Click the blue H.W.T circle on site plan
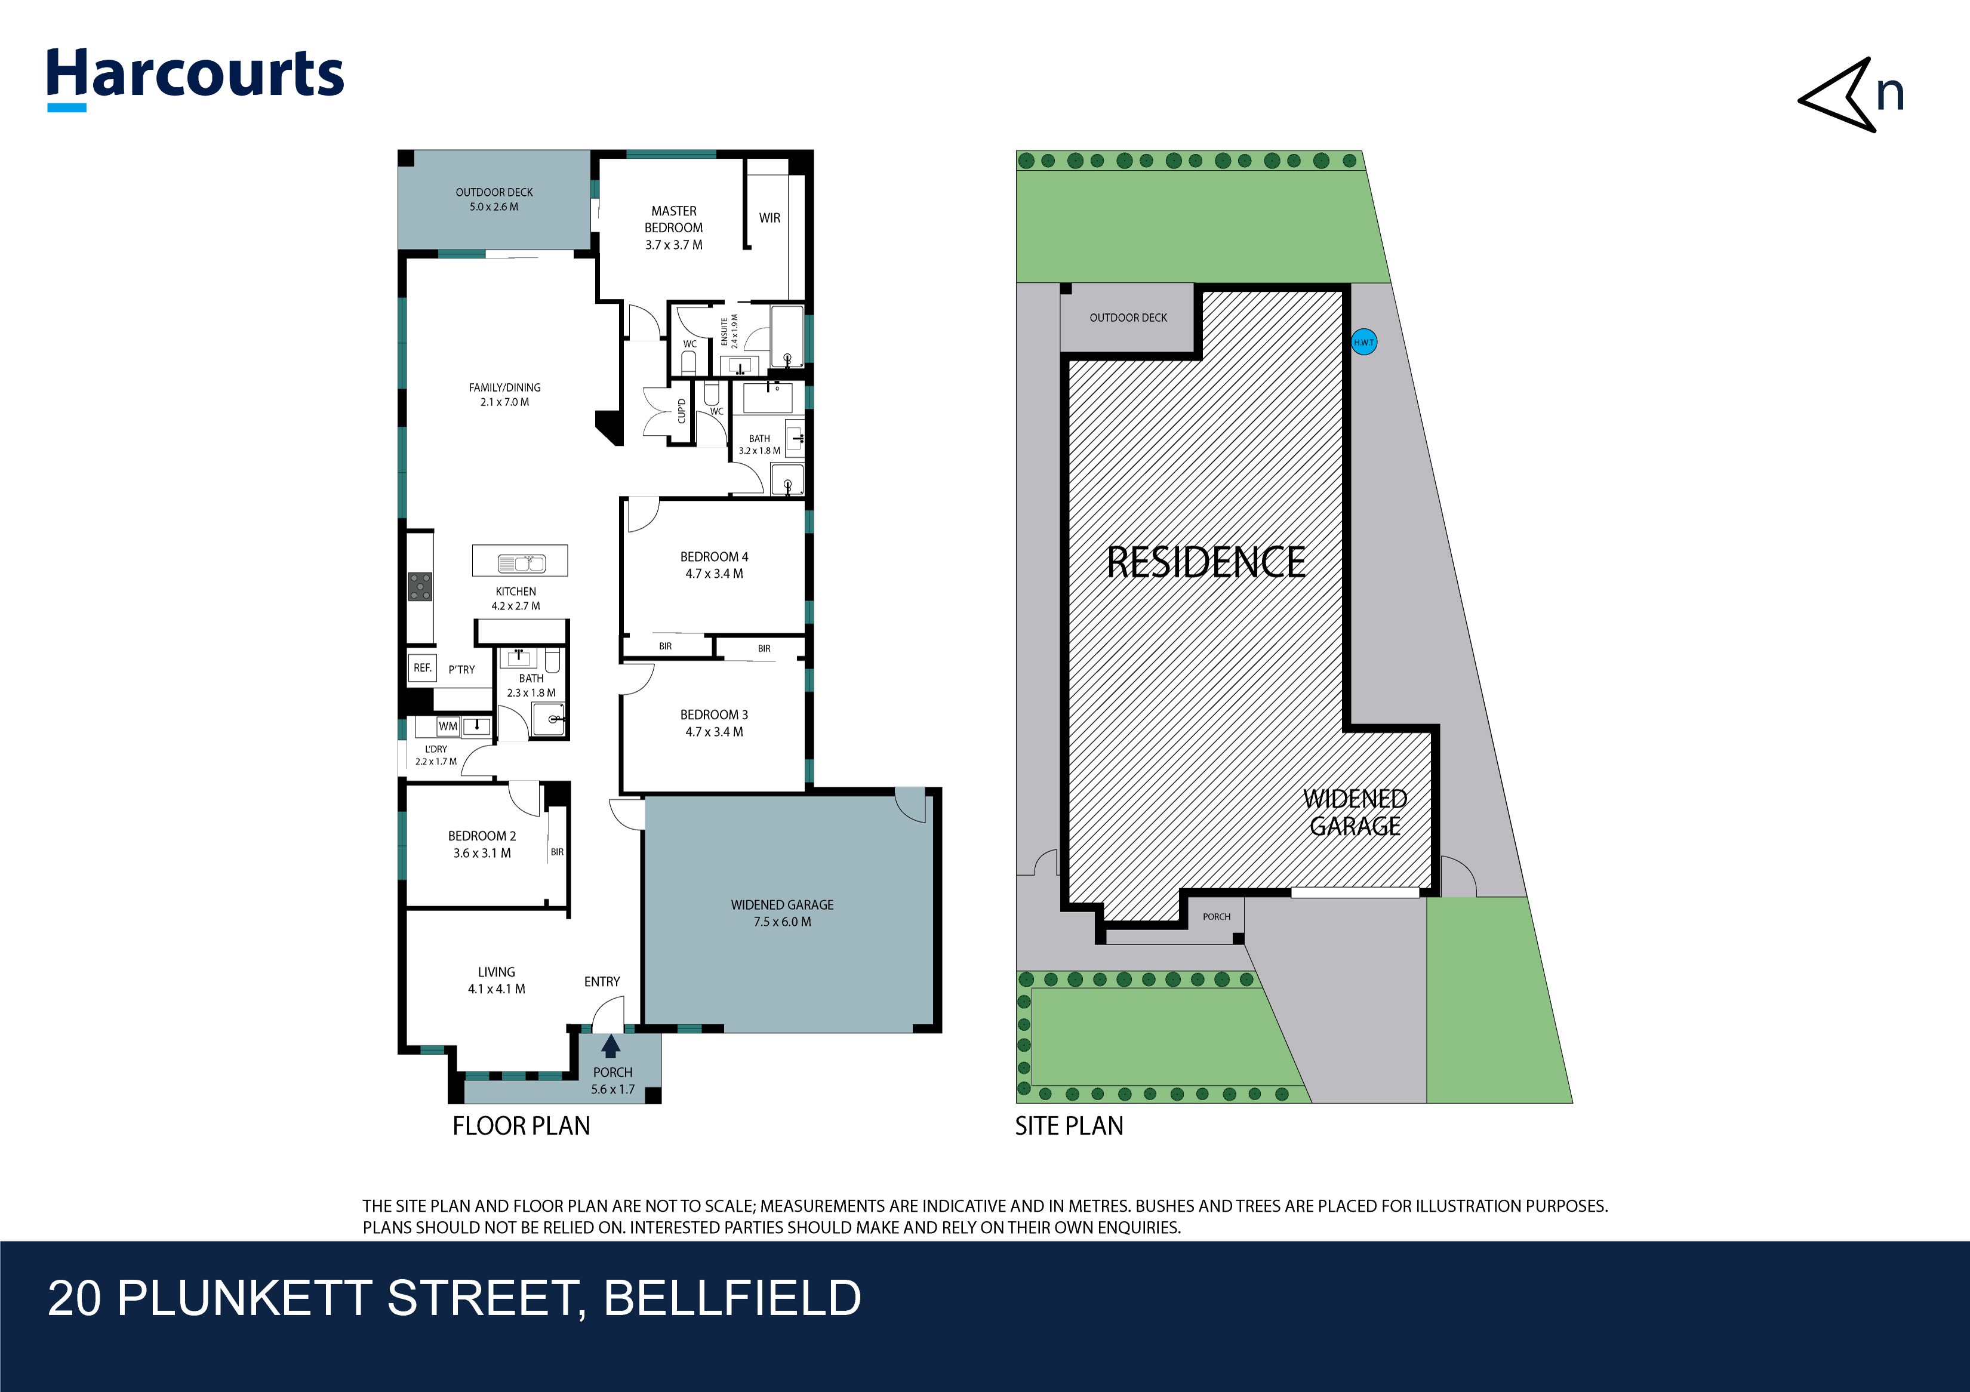click(1363, 342)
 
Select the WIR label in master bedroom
click(769, 218)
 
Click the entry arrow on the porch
click(610, 1046)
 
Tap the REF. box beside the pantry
click(422, 667)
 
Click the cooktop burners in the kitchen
click(420, 587)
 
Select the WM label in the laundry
click(448, 726)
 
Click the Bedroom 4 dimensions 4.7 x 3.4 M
click(714, 574)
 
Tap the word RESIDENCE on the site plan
click(1205, 563)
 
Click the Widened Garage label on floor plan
click(781, 905)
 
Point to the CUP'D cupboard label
click(681, 411)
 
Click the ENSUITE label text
click(724, 331)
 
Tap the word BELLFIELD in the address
click(732, 1298)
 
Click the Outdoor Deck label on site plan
click(1128, 318)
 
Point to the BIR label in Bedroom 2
click(557, 852)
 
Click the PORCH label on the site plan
click(1216, 917)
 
